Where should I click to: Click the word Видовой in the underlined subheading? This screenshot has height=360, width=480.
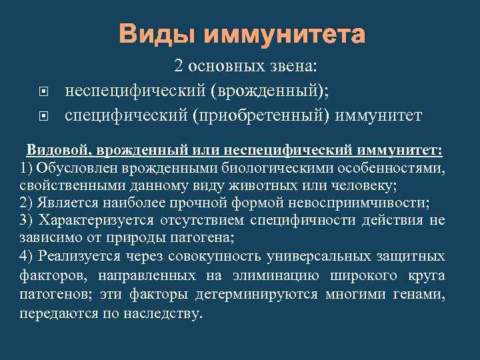[56, 149]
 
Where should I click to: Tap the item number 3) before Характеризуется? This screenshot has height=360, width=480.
[28, 220]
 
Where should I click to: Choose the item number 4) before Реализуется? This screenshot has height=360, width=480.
[28, 256]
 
